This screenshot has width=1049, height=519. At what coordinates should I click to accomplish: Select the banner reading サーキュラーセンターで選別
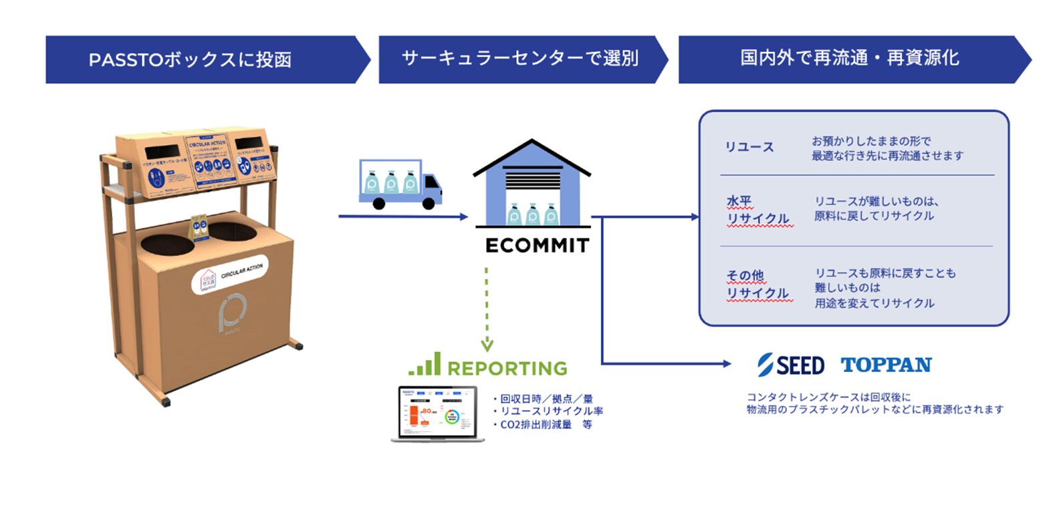(520, 59)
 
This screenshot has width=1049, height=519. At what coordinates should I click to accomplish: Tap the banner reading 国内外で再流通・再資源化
(849, 58)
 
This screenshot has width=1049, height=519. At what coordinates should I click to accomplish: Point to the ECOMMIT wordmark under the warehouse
(537, 246)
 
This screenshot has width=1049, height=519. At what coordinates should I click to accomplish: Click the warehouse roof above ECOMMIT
(532, 157)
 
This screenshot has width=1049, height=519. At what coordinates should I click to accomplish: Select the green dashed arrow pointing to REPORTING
(487, 307)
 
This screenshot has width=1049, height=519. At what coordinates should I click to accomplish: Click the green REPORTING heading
(507, 368)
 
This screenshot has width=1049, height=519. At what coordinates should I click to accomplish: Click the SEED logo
(791, 365)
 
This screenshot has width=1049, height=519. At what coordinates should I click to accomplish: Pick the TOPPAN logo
(886, 365)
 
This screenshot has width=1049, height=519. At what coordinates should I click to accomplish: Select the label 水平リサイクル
(757, 210)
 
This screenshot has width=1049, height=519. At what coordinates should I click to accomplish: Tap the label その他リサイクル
(757, 285)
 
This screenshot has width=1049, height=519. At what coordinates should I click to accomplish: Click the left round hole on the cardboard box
(167, 244)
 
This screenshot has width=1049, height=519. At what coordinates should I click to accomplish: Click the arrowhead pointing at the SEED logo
(727, 363)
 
